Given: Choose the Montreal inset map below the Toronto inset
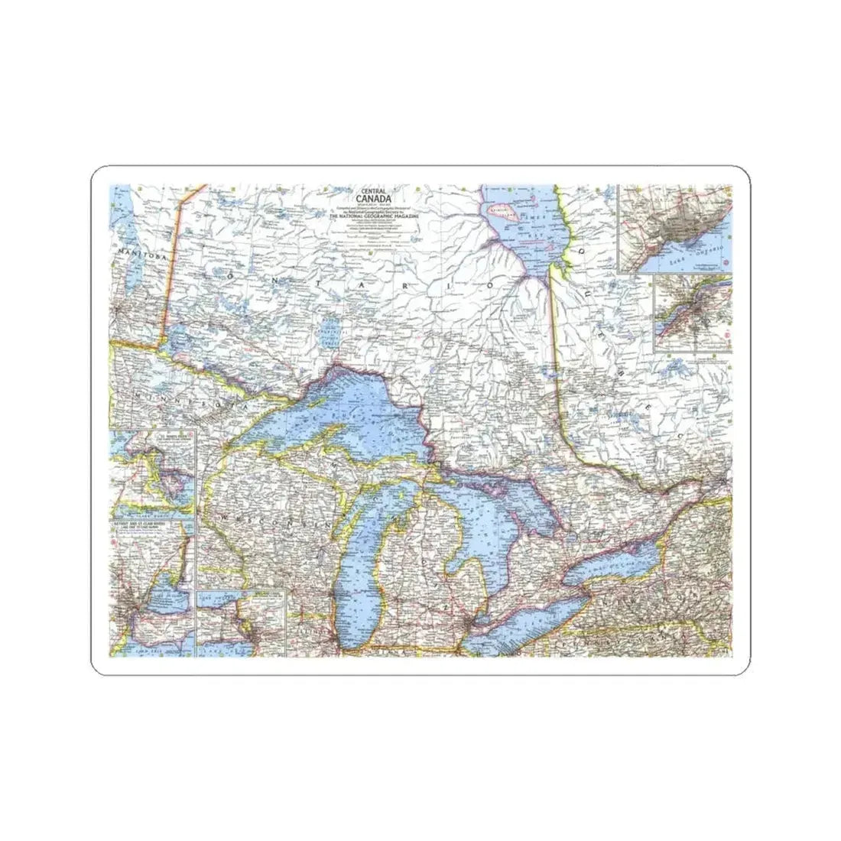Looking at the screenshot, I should [692, 313].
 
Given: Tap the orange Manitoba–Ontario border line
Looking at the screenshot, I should [169, 260].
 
